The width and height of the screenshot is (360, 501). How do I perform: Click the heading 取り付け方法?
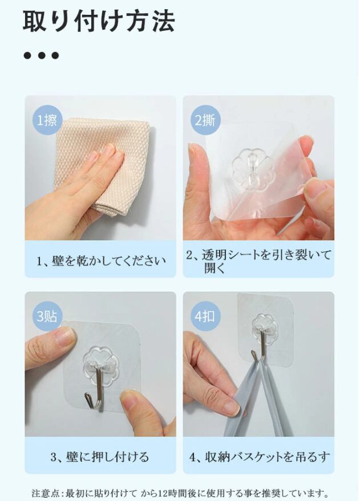coord(99,21)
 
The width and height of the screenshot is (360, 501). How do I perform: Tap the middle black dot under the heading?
coord(41,56)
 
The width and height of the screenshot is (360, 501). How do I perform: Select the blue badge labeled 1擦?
coord(47,120)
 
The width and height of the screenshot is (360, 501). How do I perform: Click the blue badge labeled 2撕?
coord(205,120)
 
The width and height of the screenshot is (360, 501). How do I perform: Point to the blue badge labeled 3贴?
coord(47,316)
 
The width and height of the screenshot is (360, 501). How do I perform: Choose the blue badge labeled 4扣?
coord(205,316)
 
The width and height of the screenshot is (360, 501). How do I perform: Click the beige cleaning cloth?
coord(102,166)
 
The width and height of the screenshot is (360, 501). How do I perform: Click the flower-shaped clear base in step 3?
coord(100,363)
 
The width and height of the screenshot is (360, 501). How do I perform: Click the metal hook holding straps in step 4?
coord(259,345)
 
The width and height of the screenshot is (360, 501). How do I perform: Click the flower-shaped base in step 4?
coord(264,327)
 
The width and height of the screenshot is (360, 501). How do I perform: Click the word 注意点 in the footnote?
coord(43,493)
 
